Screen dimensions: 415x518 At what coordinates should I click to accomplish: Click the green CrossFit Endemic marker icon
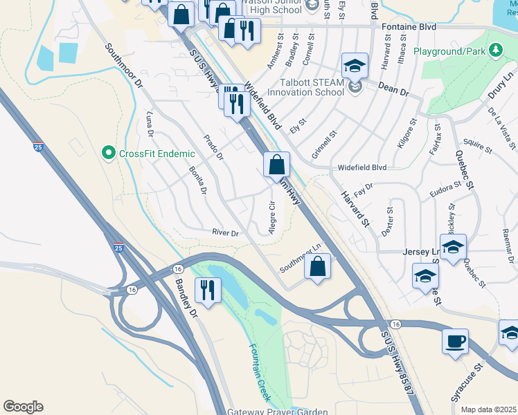tap(107, 151)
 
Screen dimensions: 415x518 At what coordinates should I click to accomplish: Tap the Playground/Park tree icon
tap(495, 50)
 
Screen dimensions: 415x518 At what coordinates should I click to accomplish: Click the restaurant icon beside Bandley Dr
tap(206, 289)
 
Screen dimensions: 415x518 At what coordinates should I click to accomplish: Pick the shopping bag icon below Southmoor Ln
tap(317, 267)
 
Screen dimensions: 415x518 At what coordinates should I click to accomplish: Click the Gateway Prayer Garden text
tap(277, 412)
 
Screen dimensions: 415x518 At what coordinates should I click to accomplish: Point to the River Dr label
tap(225, 234)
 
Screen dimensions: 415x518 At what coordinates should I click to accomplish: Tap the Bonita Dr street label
tap(197, 181)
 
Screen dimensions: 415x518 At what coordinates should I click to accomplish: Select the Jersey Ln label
tap(417, 252)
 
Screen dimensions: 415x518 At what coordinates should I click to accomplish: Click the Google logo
tap(23, 407)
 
